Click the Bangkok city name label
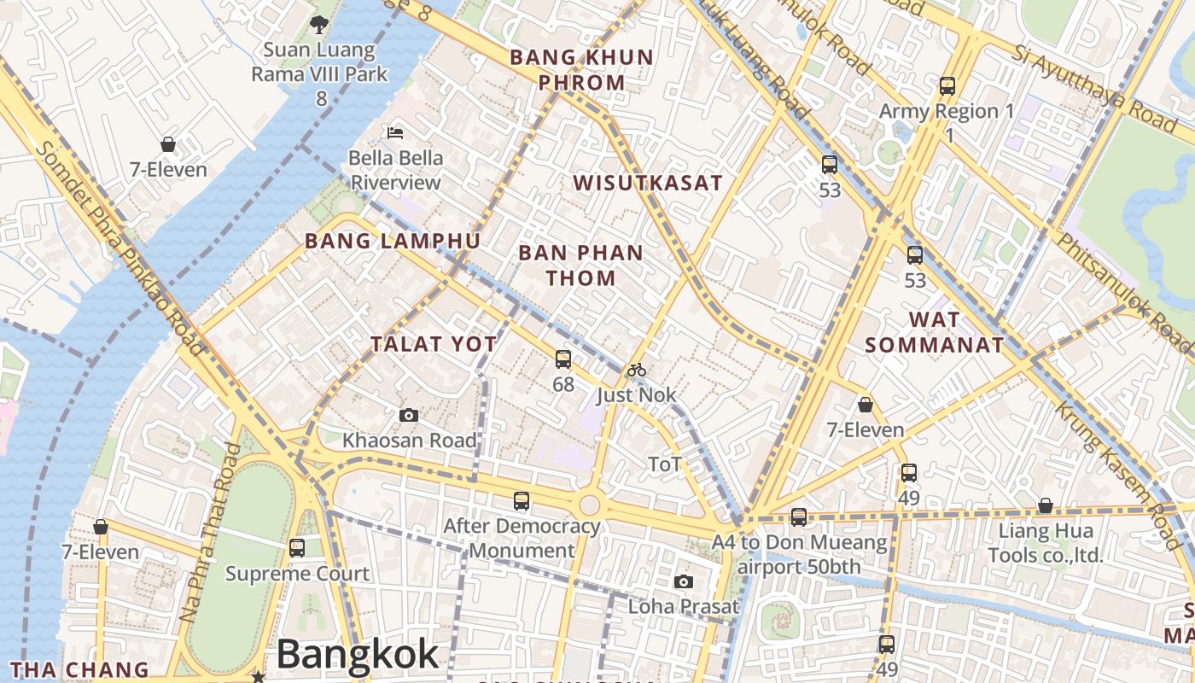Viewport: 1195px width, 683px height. click(357, 655)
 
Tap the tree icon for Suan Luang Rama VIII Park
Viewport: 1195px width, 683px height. click(319, 25)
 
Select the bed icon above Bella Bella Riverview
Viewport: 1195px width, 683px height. click(395, 132)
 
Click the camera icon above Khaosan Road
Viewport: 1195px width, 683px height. click(409, 415)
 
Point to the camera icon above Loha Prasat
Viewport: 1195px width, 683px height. click(683, 581)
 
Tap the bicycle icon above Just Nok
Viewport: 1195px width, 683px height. click(637, 370)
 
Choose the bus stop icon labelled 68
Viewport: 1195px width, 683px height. click(563, 359)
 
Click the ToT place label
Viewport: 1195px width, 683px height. click(665, 464)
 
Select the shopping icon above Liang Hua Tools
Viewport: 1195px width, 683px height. click(1045, 506)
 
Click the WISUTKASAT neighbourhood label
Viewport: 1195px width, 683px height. click(648, 183)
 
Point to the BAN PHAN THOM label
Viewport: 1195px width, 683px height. click(580, 265)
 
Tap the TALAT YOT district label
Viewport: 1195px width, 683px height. click(434, 344)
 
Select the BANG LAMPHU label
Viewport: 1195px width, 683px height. click(393, 241)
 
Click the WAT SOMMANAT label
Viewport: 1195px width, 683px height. click(935, 332)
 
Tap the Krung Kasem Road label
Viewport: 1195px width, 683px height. click(1118, 465)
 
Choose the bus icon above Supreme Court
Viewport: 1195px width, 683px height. click(297, 547)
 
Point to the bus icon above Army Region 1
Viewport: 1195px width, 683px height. click(947, 85)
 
